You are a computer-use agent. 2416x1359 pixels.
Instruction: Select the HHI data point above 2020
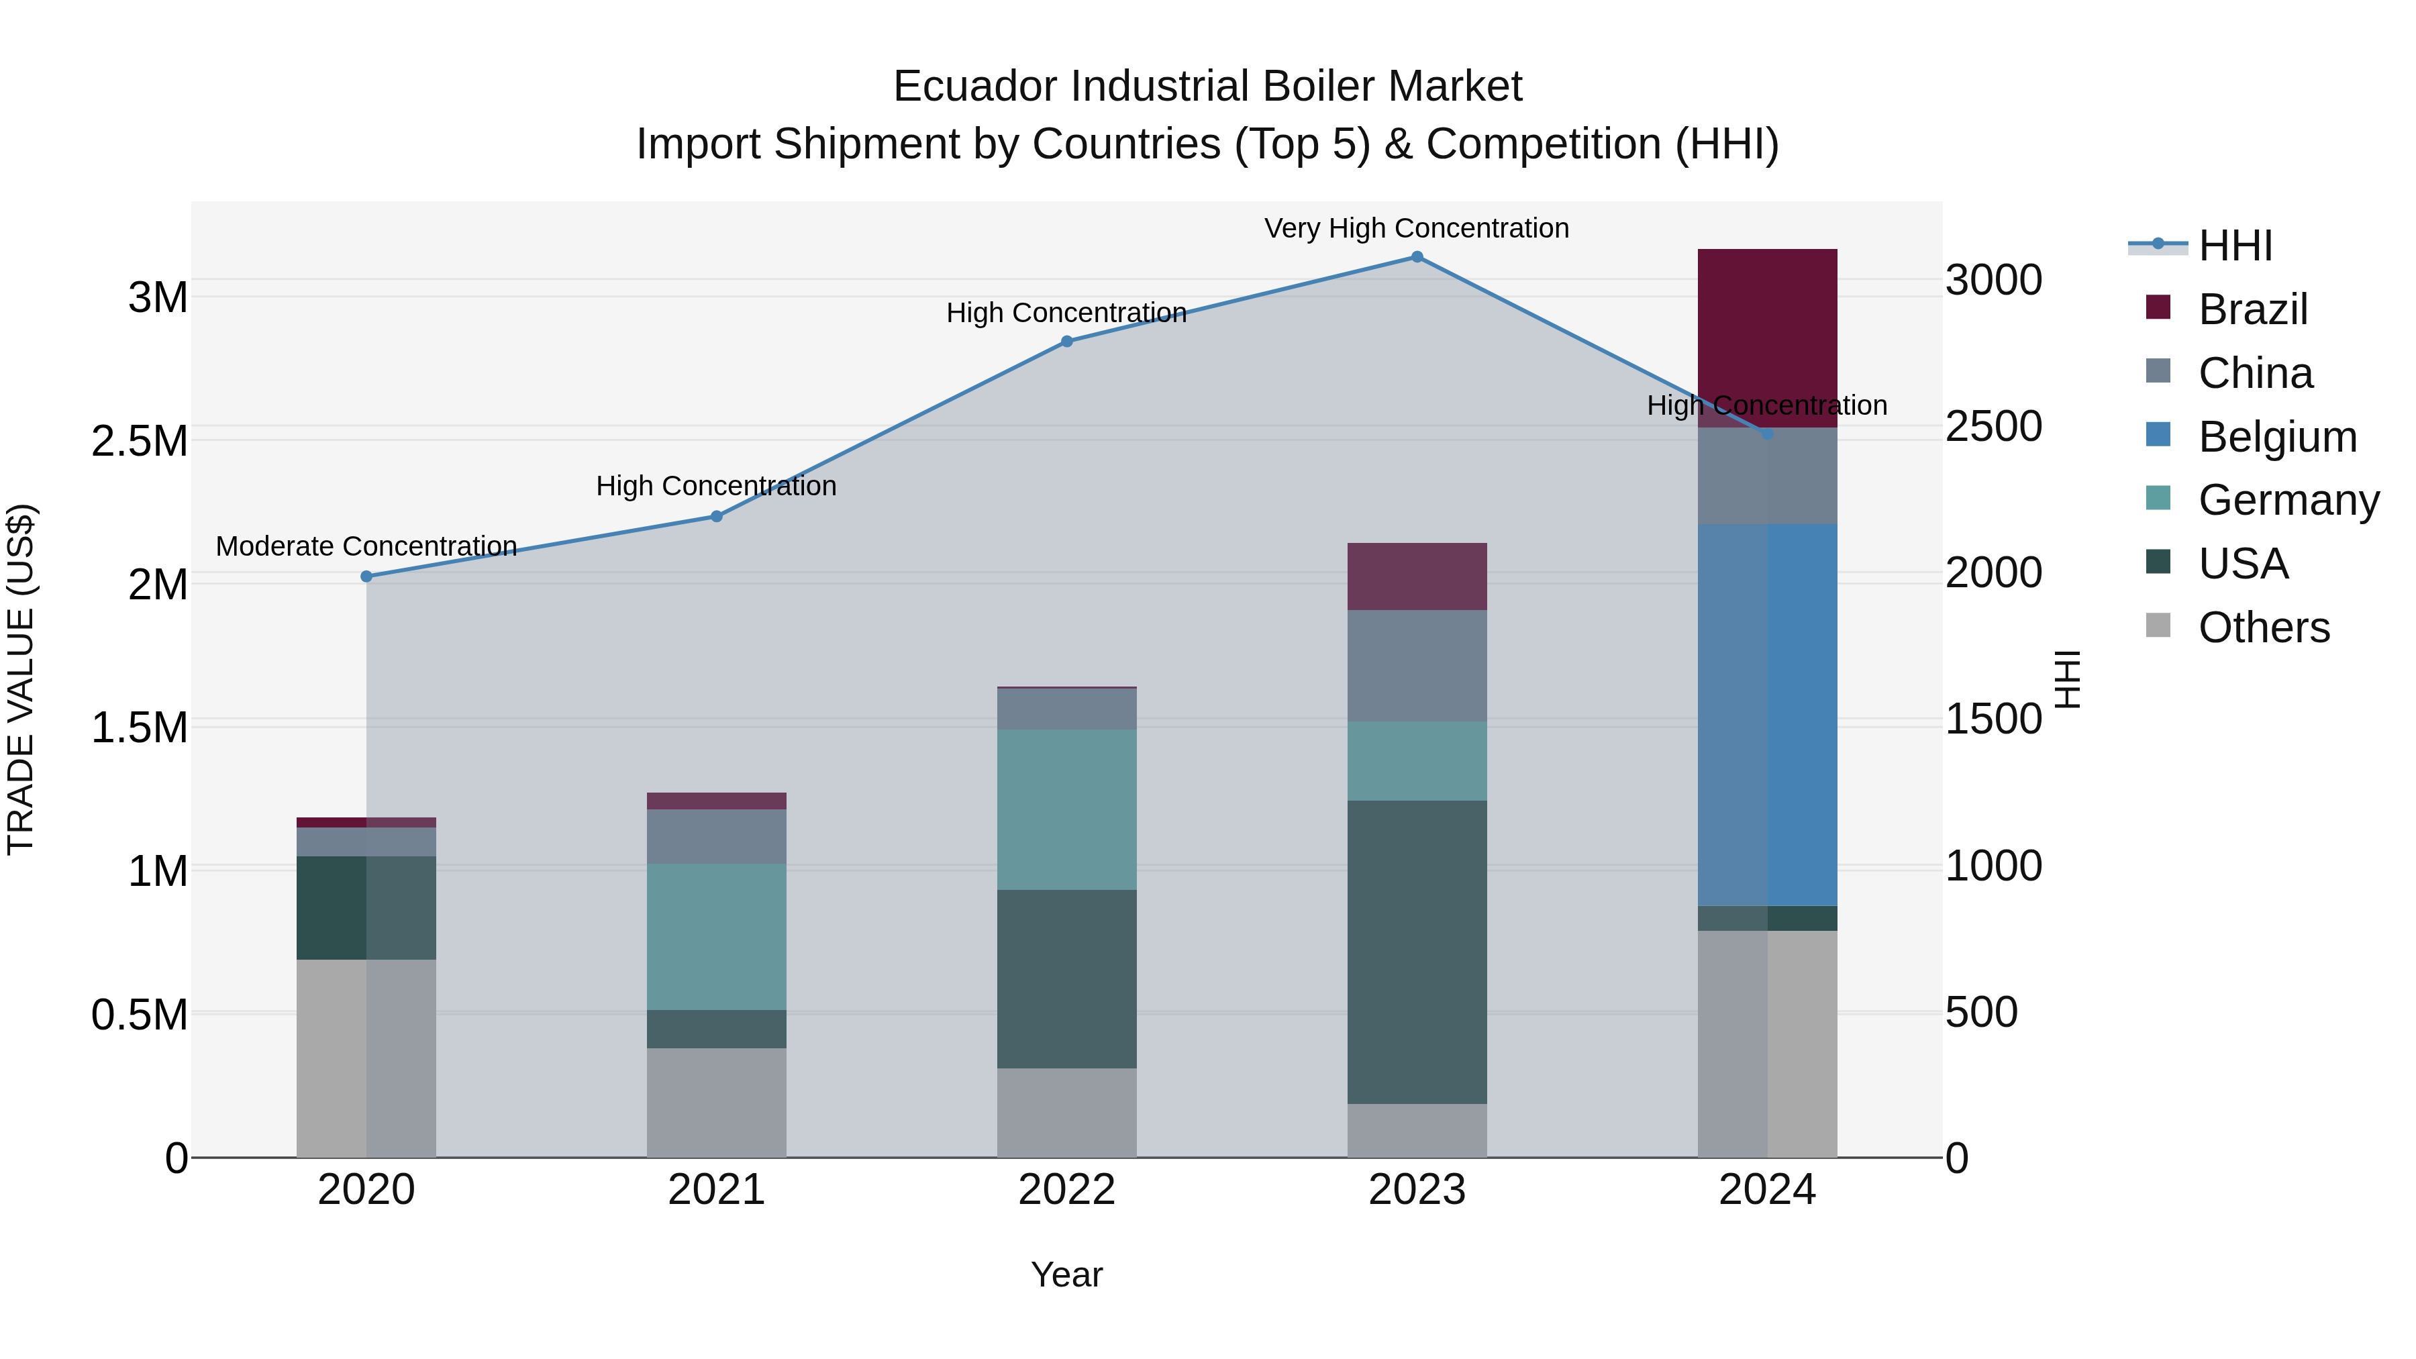pyautogui.click(x=366, y=576)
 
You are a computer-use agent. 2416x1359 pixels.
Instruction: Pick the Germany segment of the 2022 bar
pyautogui.click(x=1066, y=809)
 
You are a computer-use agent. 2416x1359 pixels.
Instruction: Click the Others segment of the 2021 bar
pyautogui.click(x=717, y=1102)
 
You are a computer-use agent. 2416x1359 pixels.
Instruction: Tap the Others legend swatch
pyautogui.click(x=2158, y=625)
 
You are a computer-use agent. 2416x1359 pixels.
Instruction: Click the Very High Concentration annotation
pyautogui.click(x=1416, y=228)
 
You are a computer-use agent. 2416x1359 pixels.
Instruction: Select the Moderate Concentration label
pyautogui.click(x=366, y=546)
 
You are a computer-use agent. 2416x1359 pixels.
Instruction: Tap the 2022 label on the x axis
pyautogui.click(x=1066, y=1190)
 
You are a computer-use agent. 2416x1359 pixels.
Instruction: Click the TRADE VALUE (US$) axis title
pyautogui.click(x=21, y=679)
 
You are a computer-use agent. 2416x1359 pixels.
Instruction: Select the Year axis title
pyautogui.click(x=1066, y=1274)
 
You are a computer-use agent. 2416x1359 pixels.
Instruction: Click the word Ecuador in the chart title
pyautogui.click(x=975, y=87)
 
